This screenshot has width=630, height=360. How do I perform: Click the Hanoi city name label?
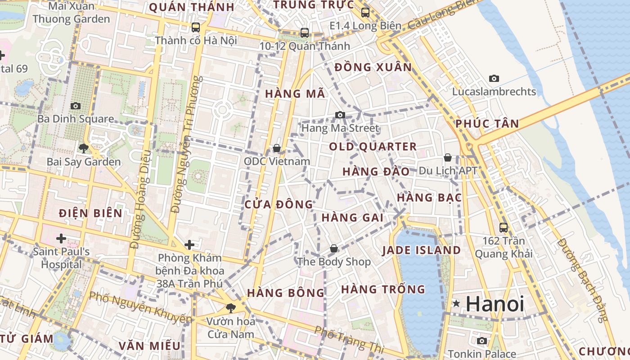pos(495,304)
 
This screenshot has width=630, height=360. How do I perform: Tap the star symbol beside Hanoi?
pos(456,304)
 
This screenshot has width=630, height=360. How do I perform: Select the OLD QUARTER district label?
pos(373,147)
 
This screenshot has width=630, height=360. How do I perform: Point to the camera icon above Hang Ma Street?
pos(340,115)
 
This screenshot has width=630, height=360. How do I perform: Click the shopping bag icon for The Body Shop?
pos(334,248)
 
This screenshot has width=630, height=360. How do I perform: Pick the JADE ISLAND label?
pos(421,250)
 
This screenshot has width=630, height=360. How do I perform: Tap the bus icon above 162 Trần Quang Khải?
pos(503,228)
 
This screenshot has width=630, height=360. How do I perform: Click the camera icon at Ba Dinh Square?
pos(76,106)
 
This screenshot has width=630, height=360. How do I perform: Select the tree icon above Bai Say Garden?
pos(83,148)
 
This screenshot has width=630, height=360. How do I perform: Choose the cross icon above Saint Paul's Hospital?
pos(61,238)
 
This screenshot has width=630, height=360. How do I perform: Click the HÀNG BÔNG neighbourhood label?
pos(286,293)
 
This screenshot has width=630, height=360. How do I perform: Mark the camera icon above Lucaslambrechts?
pos(494,78)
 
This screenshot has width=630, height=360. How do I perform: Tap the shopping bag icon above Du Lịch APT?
pos(447,157)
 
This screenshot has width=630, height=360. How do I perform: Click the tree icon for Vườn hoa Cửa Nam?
pos(230,308)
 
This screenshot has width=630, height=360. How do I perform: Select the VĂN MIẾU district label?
pos(149,346)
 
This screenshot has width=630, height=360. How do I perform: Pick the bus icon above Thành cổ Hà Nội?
pos(195,27)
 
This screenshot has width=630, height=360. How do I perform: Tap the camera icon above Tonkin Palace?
pos(481,341)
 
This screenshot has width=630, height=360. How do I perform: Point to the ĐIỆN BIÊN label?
pos(90,213)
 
